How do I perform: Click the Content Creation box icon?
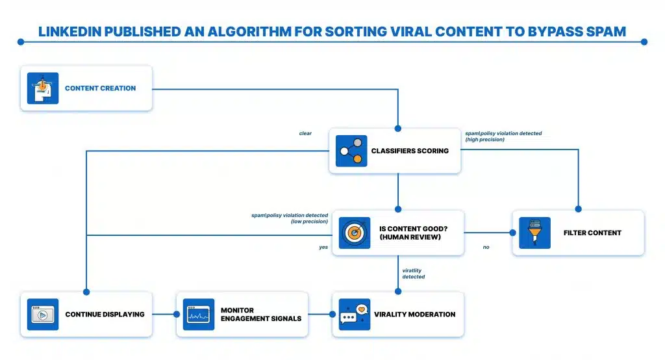coord(42,88)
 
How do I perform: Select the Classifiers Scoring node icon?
coord(351,151)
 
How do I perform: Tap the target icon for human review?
coord(355,233)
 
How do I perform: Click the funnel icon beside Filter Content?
coord(534,233)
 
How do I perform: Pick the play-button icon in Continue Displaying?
coord(43,315)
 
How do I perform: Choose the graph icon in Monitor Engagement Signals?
coord(199,315)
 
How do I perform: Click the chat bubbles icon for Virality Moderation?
coord(354,315)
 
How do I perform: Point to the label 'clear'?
coord(305,134)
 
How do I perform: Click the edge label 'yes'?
coord(323,247)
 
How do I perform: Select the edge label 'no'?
coord(486,247)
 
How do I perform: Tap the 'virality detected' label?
coord(413,274)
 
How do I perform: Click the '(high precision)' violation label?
coord(484,140)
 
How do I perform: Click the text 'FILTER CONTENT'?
coord(592,233)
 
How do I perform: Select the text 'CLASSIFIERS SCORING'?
coord(410,151)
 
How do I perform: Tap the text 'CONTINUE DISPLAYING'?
coord(104,315)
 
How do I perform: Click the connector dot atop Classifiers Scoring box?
coord(397,129)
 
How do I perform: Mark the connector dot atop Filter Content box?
coord(579,210)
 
